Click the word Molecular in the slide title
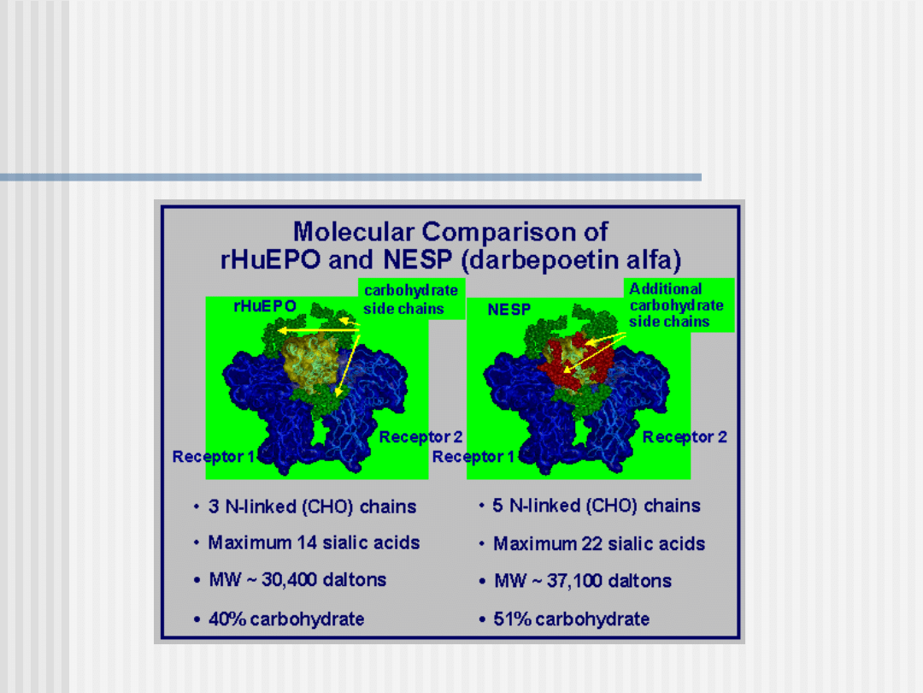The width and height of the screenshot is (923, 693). point(354,232)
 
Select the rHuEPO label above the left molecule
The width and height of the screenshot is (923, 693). point(265,305)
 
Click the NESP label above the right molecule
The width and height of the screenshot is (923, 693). point(509,310)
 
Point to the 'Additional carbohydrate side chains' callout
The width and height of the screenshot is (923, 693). point(676,305)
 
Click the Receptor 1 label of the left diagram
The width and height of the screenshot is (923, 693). point(213,457)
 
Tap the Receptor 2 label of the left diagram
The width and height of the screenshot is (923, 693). point(420,436)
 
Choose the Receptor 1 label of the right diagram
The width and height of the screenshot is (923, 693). point(473,457)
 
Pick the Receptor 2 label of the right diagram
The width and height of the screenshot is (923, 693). point(685,436)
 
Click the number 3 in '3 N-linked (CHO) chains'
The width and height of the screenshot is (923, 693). point(214,506)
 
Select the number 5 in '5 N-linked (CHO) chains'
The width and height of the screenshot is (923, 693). point(498,506)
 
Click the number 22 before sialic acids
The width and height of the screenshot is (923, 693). point(592,543)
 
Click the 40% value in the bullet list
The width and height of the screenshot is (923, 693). point(227,619)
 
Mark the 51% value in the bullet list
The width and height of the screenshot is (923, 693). point(512,619)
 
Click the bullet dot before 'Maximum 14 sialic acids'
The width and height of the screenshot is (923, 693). point(196,543)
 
